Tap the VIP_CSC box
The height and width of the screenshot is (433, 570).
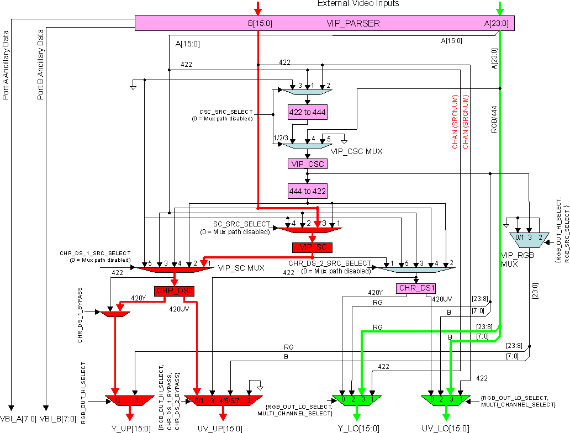(x=307, y=163)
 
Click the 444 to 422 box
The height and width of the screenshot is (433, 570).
(x=307, y=191)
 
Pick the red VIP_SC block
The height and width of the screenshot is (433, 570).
(x=312, y=247)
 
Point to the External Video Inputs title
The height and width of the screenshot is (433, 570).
(x=358, y=4)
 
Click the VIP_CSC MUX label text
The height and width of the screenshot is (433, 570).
(x=357, y=150)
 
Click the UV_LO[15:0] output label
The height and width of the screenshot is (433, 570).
(x=446, y=428)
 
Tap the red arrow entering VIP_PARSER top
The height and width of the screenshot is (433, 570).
(x=257, y=8)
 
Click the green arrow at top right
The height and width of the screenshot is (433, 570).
(x=500, y=8)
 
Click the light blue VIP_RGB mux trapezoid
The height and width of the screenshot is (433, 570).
(x=529, y=237)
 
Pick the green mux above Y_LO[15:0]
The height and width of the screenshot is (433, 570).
(x=357, y=399)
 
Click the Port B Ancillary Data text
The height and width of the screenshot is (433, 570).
(x=40, y=65)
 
